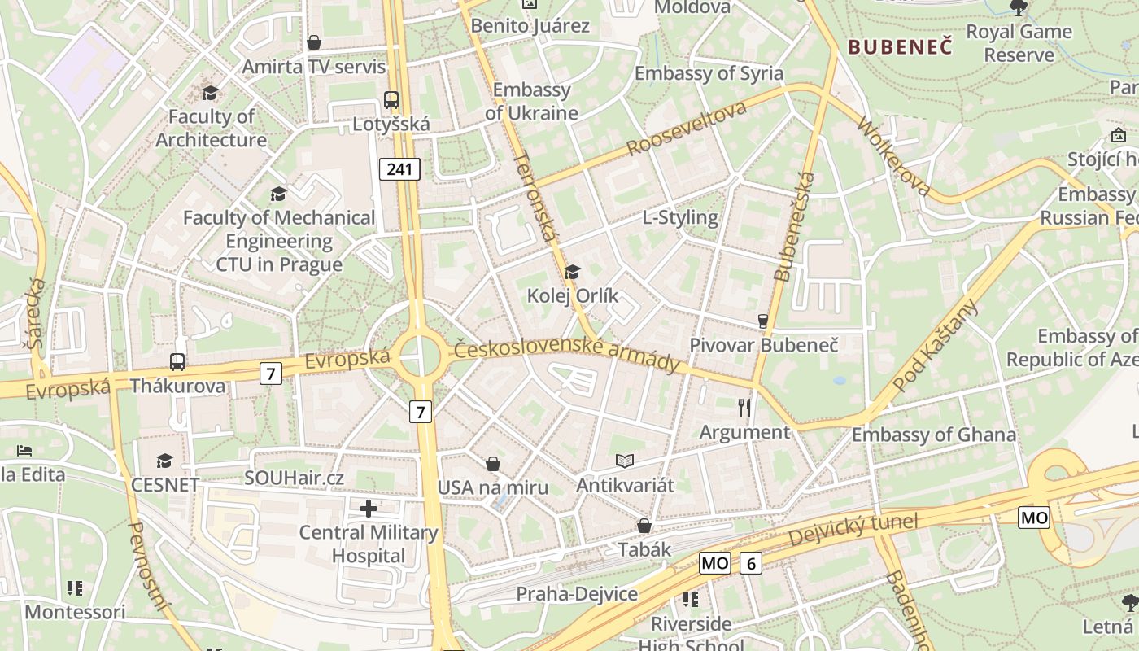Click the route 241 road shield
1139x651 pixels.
(399, 169)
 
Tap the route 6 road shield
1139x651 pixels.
(751, 562)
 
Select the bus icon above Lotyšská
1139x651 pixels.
(391, 100)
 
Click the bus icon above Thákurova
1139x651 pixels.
(177, 362)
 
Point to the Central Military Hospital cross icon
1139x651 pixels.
(369, 509)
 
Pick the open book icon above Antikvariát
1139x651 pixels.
(624, 461)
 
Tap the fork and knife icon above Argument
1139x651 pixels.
(744, 407)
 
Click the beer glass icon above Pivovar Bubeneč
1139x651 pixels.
(763, 321)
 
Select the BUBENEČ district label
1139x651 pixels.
(900, 47)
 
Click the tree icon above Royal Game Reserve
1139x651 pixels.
(1019, 8)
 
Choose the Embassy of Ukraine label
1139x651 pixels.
(531, 102)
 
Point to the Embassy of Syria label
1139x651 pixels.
(709, 73)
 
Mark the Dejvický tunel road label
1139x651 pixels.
(853, 530)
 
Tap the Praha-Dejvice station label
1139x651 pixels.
(577, 594)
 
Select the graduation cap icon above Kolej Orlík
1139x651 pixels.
(573, 272)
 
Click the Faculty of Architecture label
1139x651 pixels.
(211, 129)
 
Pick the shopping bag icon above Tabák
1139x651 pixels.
(644, 526)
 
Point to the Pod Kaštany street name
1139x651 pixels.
(935, 346)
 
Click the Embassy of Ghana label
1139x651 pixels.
(933, 435)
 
